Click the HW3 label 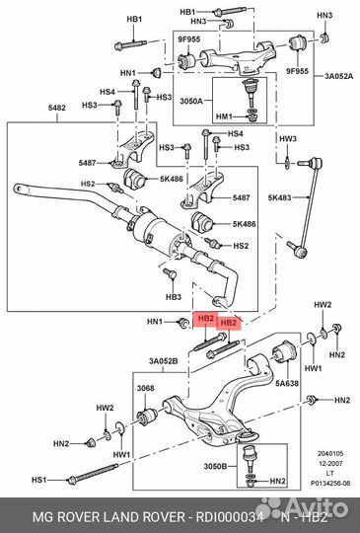point(287,138)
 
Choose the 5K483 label point(280,197)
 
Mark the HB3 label point(173,296)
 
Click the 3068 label point(145,388)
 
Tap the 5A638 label point(287,384)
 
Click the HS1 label point(38,480)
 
